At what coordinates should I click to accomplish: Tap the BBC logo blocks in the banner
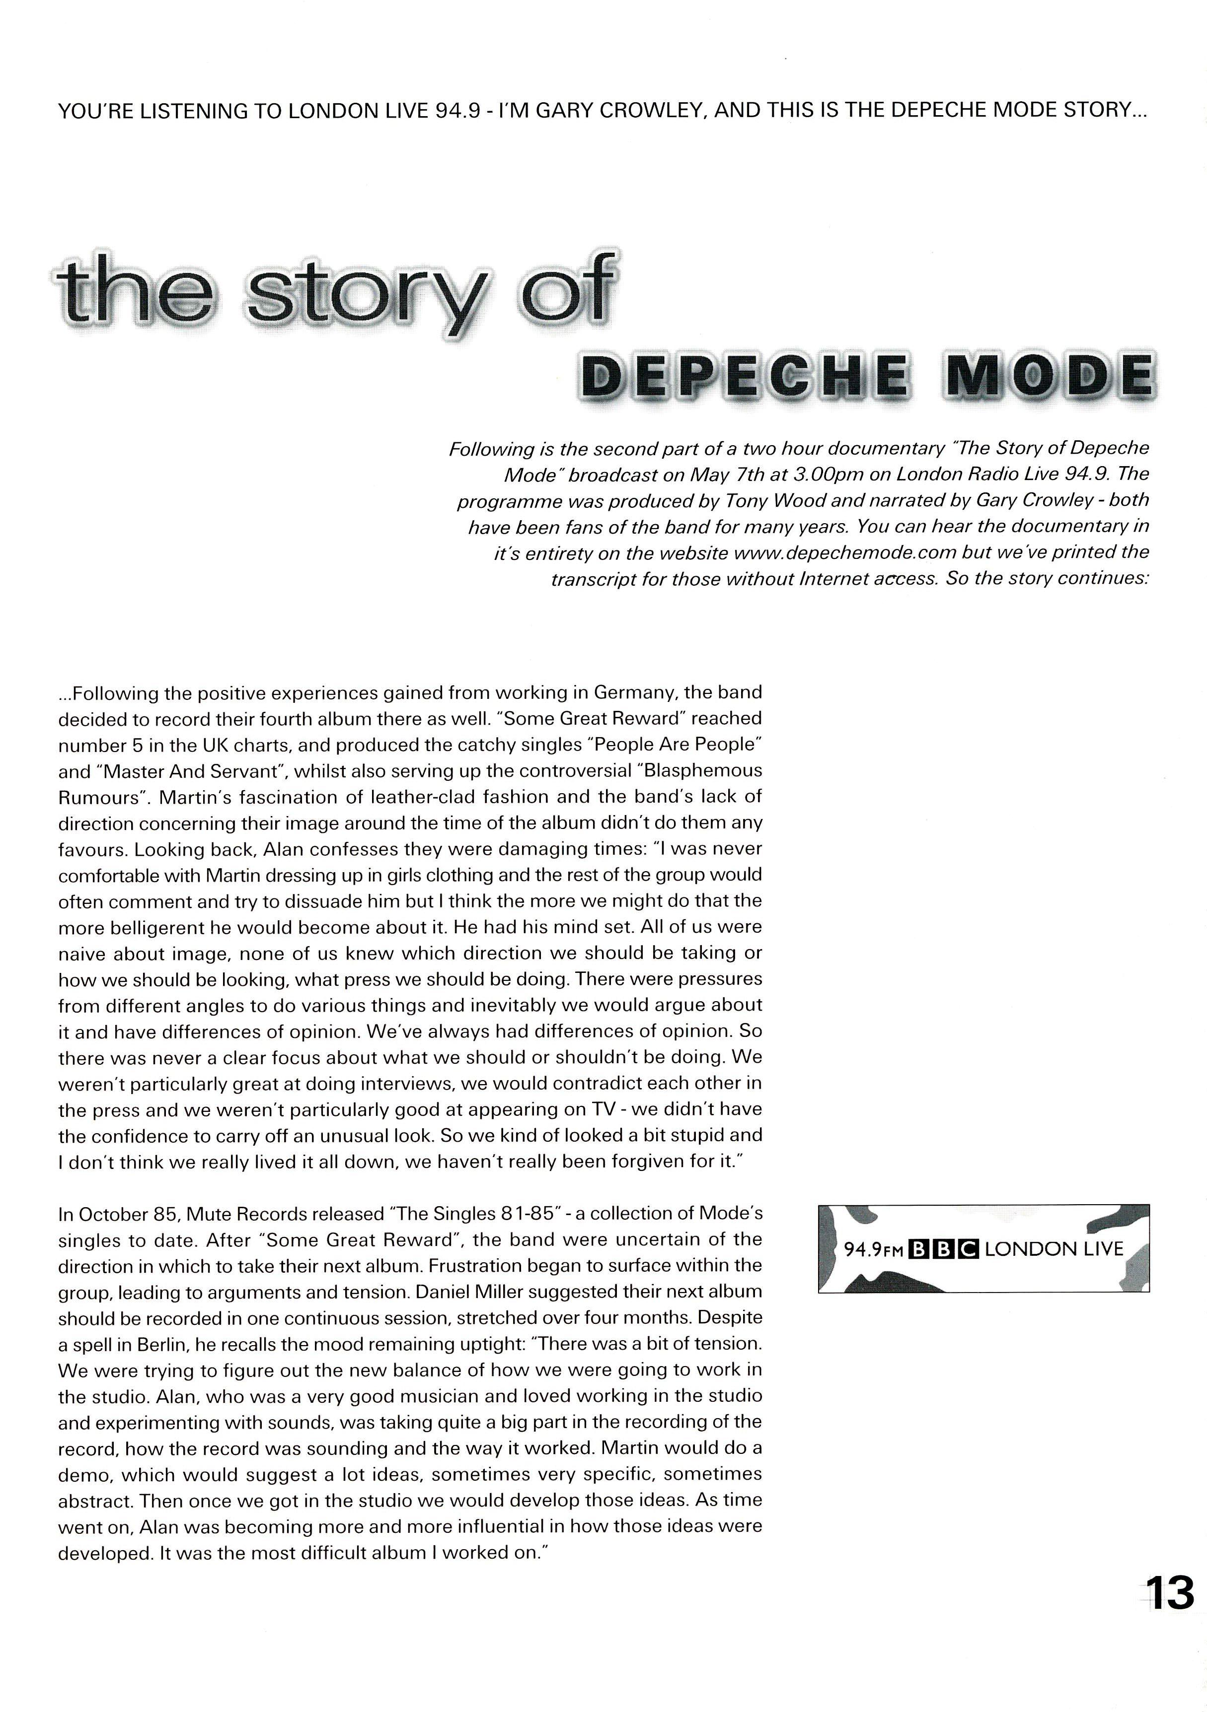pos(942,1249)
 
